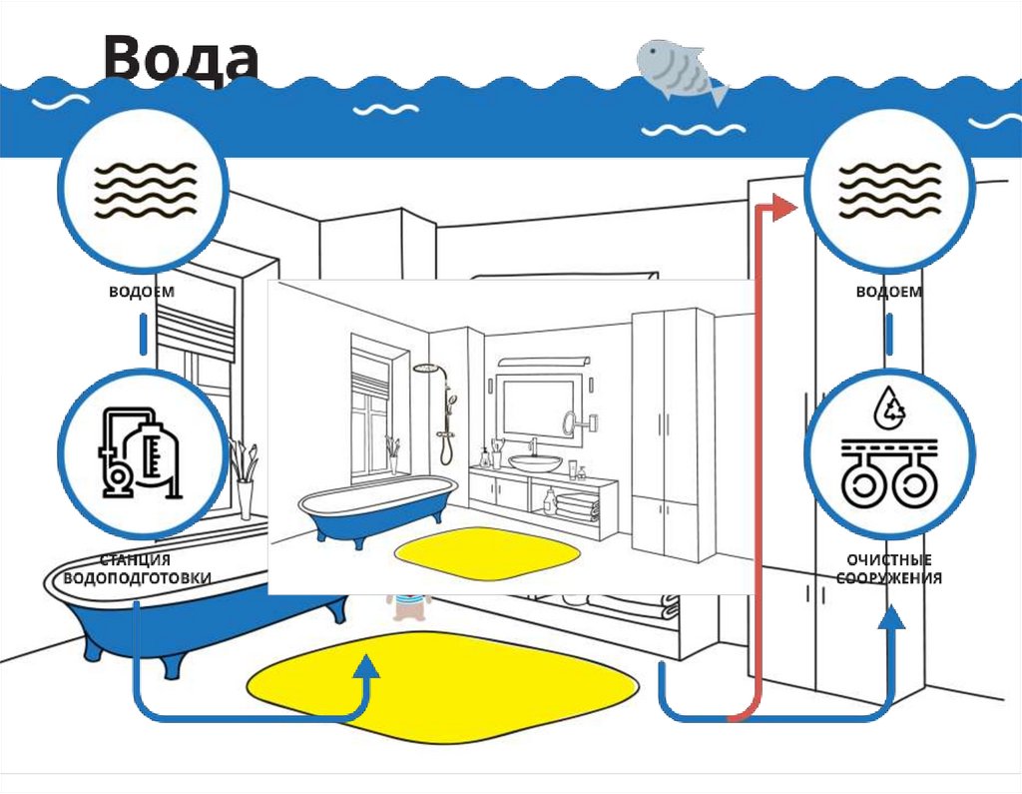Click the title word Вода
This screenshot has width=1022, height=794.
pyautogui.click(x=181, y=58)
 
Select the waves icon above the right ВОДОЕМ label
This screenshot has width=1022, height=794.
pyautogui.click(x=888, y=190)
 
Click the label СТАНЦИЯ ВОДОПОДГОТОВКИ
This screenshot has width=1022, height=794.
pyautogui.click(x=137, y=569)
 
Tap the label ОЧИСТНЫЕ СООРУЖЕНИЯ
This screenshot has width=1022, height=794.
pyautogui.click(x=889, y=569)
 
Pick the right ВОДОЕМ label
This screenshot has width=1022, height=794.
pyautogui.click(x=888, y=293)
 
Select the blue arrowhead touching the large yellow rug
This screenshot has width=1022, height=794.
pyautogui.click(x=368, y=667)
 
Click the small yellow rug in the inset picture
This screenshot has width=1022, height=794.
pyautogui.click(x=488, y=550)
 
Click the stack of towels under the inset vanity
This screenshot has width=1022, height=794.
pyautogui.click(x=577, y=504)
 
